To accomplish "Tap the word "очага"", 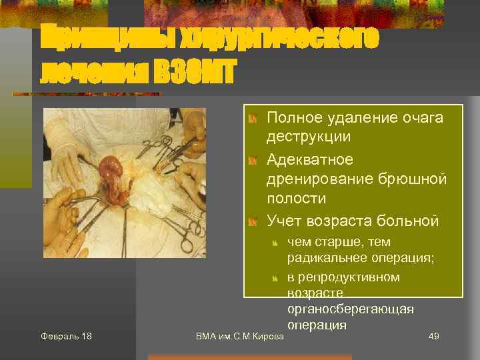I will [x=419, y=118].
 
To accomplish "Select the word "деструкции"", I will [x=308, y=137].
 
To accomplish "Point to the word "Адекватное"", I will [x=310, y=161].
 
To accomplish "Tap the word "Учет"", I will [x=284, y=219].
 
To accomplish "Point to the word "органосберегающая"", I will [x=351, y=309].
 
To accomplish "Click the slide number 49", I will [x=433, y=336].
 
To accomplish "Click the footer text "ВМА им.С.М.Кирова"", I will [x=240, y=336].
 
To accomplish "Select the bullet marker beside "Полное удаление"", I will [x=253, y=119].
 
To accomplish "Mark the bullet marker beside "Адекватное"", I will [x=253, y=161].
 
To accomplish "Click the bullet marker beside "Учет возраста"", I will [x=253, y=220].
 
